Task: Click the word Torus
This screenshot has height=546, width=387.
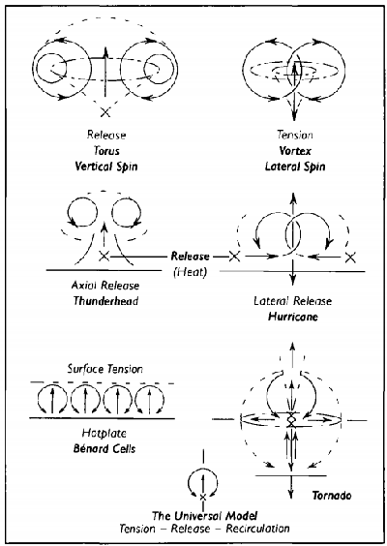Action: (106, 151)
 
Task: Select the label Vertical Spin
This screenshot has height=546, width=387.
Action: (106, 167)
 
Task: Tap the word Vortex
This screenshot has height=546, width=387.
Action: (295, 151)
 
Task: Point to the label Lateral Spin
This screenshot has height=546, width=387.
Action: (295, 167)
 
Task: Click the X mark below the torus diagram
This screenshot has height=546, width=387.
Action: (105, 112)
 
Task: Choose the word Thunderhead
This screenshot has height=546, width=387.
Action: (105, 300)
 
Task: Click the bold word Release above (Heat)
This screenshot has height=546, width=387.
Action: (190, 257)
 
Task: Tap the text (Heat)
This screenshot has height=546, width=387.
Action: (190, 272)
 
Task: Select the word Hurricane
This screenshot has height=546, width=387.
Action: (293, 317)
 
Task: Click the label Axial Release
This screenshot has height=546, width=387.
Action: (105, 286)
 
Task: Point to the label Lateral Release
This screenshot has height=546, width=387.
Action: (293, 301)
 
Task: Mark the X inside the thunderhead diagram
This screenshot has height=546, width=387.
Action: (104, 257)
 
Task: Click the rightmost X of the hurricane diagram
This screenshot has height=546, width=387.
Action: (350, 258)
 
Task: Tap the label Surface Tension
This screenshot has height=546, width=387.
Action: (105, 369)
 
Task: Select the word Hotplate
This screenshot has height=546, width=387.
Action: (104, 433)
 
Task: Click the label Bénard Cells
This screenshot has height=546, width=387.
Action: (104, 448)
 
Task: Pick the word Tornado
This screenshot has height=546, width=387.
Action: (332, 495)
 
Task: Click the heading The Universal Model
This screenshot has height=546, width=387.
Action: (205, 515)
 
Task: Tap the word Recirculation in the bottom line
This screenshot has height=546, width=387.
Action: (258, 529)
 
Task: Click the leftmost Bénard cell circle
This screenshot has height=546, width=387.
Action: (39, 401)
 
